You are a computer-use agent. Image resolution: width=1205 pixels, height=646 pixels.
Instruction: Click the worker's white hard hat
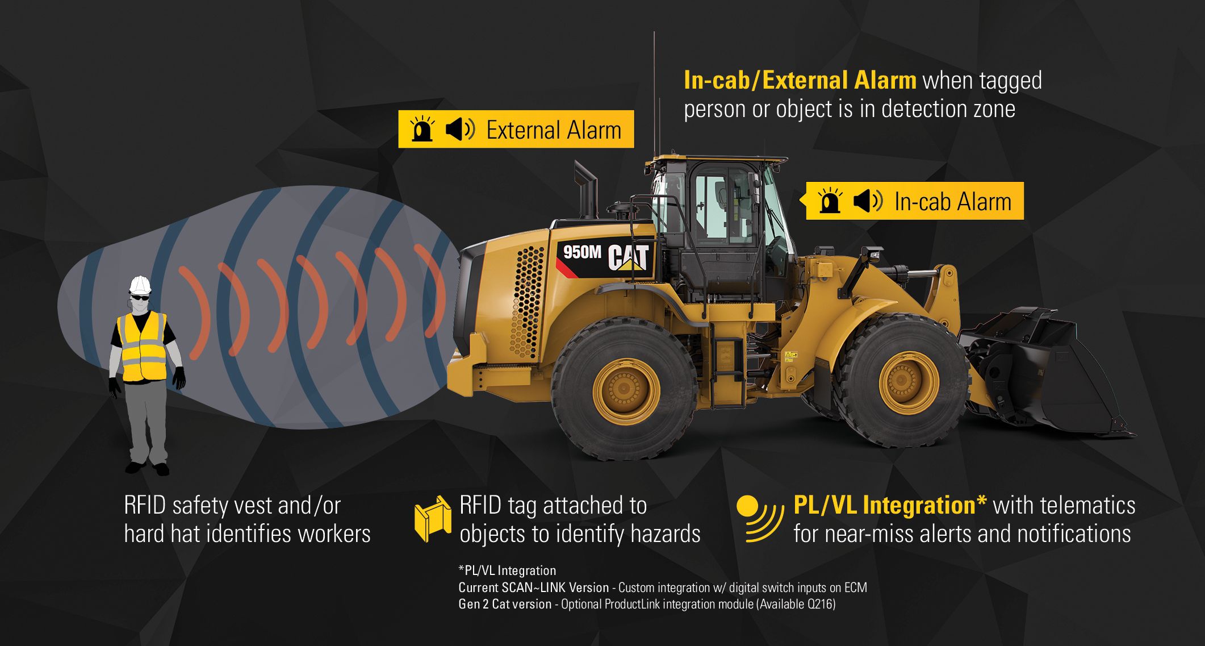tap(140, 284)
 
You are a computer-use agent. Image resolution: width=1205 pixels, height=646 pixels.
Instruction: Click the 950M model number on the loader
tap(582, 251)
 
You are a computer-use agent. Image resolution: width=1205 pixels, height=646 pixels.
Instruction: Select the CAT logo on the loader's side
tap(628, 257)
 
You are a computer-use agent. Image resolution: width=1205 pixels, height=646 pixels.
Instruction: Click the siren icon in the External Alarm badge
tap(422, 129)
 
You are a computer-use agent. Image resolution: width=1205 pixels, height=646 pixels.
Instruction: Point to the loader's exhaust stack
tap(587, 190)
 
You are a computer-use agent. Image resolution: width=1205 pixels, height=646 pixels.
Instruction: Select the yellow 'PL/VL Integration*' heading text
tap(890, 505)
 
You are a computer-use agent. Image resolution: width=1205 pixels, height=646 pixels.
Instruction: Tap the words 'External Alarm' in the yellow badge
tap(554, 130)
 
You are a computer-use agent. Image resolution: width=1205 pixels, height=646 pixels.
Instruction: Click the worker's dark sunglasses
tap(140, 297)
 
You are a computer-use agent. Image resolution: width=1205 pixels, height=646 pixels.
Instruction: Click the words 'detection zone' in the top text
tap(948, 109)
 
